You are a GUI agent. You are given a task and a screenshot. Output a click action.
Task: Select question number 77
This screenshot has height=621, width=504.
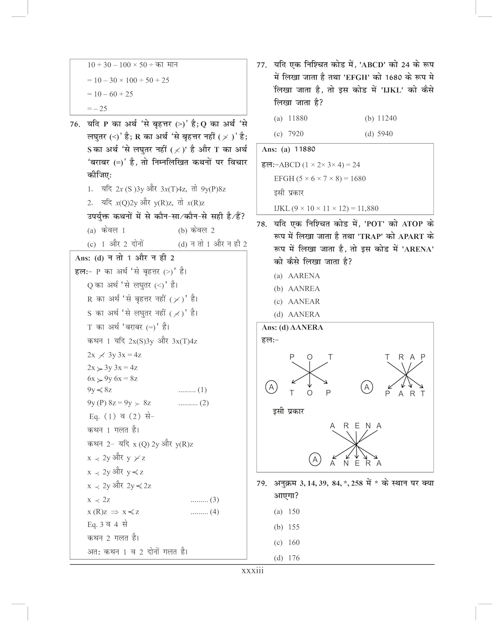coord(262,65)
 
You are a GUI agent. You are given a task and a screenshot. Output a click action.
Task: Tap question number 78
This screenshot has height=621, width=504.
coord(262,224)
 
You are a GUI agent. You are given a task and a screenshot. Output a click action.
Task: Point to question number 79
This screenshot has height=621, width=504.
coord(262,483)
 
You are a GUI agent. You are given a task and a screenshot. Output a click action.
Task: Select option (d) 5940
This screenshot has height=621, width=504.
coord(379,134)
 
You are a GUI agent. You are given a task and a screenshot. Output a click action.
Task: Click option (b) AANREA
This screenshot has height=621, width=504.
coord(297,289)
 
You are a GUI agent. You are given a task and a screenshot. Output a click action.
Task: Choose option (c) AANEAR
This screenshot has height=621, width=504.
coord(297,301)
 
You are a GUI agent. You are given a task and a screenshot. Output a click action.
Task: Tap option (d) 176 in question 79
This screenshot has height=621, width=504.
coord(287,558)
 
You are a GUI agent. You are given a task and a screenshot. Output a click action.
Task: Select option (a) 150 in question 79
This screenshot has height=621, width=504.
coord(287,512)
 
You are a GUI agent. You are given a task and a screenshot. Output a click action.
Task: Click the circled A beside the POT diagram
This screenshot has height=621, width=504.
coord(271,387)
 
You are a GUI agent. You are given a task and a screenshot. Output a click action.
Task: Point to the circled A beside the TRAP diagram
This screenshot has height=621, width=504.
coord(366,387)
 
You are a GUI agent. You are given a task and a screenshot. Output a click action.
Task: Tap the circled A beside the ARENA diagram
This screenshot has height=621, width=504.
coord(315,459)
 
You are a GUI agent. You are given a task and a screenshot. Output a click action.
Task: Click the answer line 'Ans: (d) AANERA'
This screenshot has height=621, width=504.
coord(292,327)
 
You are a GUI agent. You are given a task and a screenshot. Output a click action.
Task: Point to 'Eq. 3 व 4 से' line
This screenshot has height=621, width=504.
coord(107,525)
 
